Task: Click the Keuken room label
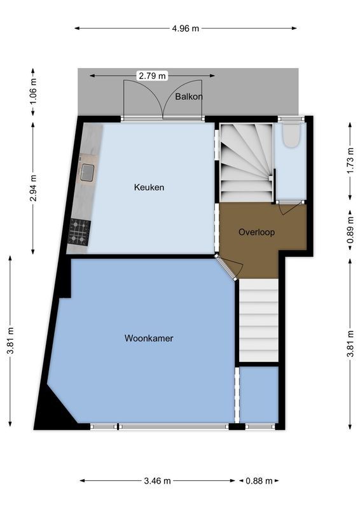[x=149, y=187]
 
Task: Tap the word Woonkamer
[x=149, y=338]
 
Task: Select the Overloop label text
[x=256, y=232]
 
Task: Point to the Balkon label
[x=189, y=97]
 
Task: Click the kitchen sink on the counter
[x=87, y=171]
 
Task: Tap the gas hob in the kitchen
[x=80, y=232]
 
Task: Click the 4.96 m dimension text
[x=186, y=28]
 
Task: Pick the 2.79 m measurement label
[x=152, y=76]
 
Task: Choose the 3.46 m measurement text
[x=157, y=481]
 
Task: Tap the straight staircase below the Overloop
[x=259, y=321]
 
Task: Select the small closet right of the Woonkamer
[x=259, y=394]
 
